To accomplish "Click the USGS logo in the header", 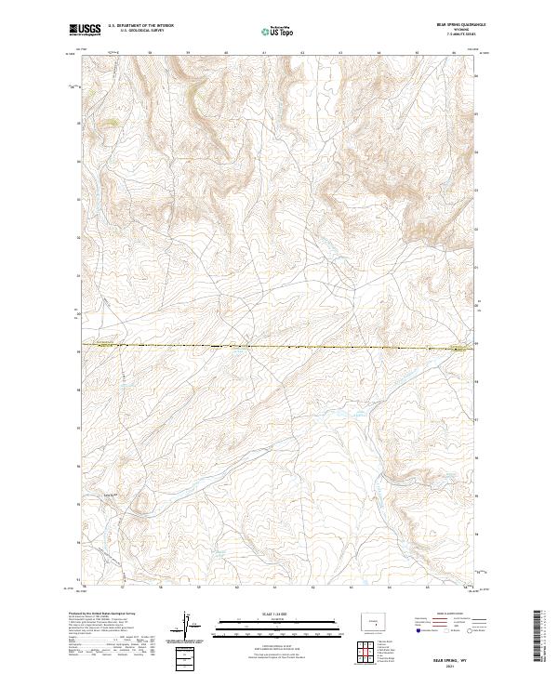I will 85,31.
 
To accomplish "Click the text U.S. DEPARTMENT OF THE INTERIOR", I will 140,25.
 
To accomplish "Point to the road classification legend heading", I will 443,615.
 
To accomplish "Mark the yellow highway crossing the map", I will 279,347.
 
